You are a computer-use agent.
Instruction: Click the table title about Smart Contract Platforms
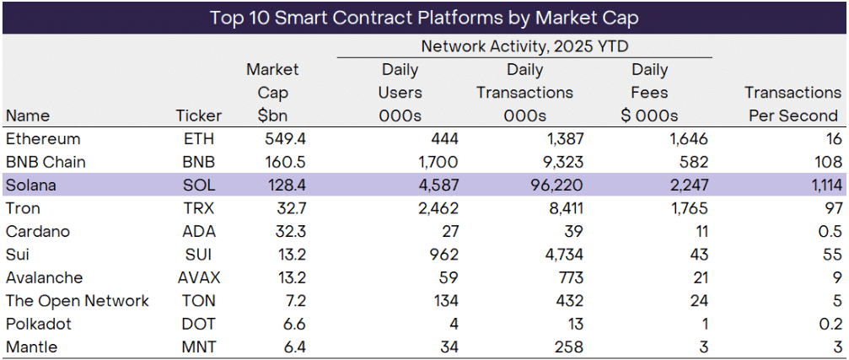(x=424, y=17)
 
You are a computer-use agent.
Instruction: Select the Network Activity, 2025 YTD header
(x=524, y=46)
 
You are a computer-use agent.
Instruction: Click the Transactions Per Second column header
(x=793, y=104)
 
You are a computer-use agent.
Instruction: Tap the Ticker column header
(x=198, y=116)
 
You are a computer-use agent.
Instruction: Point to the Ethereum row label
(x=42, y=138)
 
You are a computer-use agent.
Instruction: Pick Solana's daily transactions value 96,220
(x=553, y=185)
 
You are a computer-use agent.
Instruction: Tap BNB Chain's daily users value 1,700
(x=438, y=162)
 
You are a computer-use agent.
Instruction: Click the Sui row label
(x=18, y=254)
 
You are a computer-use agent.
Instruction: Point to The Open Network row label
(x=77, y=300)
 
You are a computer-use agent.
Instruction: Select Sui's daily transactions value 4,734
(x=560, y=254)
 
